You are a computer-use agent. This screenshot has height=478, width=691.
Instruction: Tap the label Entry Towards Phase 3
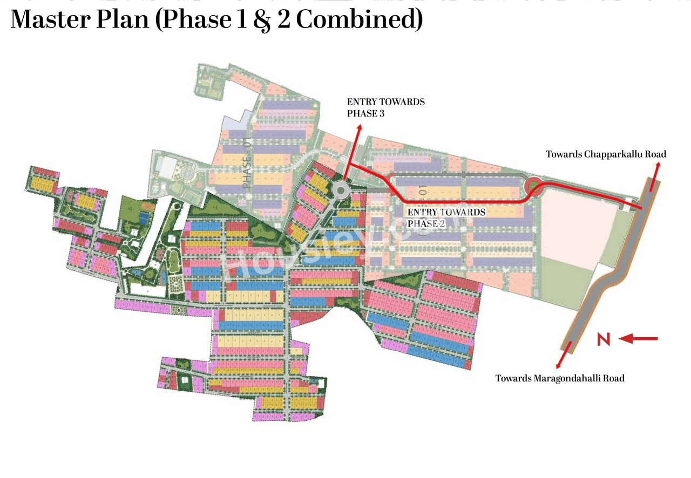click(385, 107)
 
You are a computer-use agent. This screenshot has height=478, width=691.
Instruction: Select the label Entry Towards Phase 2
click(446, 217)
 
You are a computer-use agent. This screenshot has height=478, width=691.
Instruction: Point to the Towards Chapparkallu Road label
click(606, 154)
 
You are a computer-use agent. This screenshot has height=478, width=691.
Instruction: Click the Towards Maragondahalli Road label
click(560, 378)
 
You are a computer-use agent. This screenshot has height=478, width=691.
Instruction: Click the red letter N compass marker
click(604, 339)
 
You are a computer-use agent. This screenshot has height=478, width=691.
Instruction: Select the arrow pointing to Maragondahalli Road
click(564, 357)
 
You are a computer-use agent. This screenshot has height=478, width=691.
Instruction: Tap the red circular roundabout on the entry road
click(533, 187)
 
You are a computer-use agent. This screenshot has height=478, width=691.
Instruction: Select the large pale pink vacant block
click(578, 221)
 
